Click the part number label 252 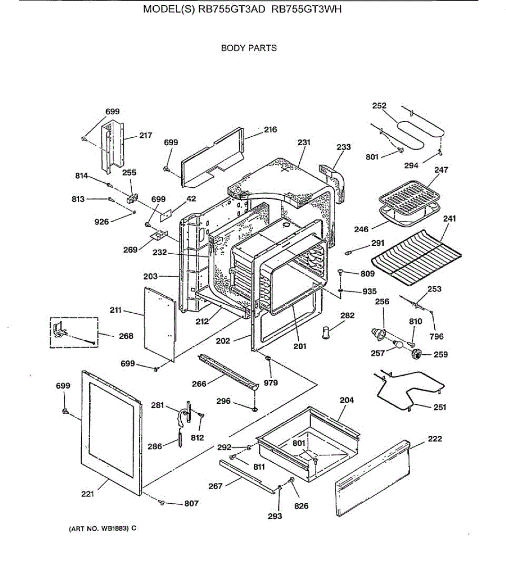click(x=379, y=106)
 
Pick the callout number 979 click(x=270, y=383)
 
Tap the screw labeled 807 click(x=163, y=503)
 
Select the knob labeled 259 click(x=416, y=354)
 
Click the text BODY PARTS click(x=249, y=48)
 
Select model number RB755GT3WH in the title click(x=306, y=22)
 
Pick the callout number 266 click(x=199, y=384)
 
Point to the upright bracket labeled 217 click(x=112, y=146)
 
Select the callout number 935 click(x=370, y=292)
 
